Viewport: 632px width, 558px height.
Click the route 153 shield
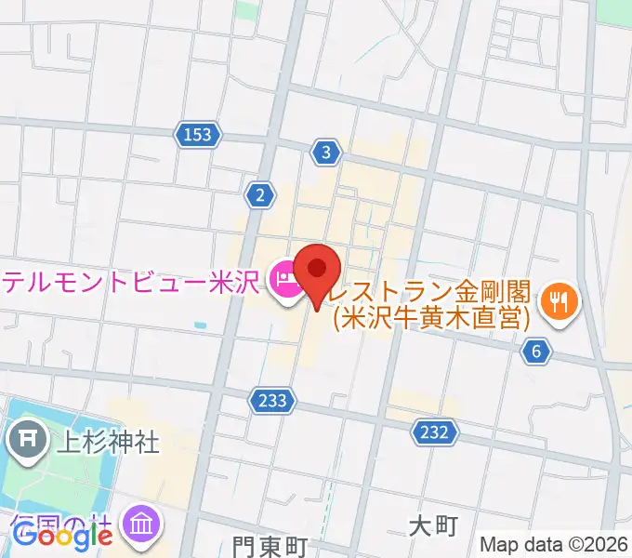tap(198, 136)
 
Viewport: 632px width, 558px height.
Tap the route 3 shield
tap(324, 153)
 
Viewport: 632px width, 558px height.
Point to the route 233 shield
tap(273, 400)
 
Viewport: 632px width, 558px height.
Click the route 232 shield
tap(434, 432)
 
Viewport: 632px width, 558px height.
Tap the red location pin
tap(318, 272)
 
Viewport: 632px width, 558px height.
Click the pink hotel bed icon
tap(283, 279)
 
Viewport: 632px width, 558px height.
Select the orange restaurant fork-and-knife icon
tap(560, 299)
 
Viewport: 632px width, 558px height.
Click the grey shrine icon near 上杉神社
tap(30, 438)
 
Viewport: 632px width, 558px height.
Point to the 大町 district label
tap(433, 526)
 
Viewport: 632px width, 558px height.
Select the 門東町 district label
tap(270, 546)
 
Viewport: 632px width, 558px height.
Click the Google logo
tap(62, 537)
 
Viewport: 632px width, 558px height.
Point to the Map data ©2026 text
tap(553, 544)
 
